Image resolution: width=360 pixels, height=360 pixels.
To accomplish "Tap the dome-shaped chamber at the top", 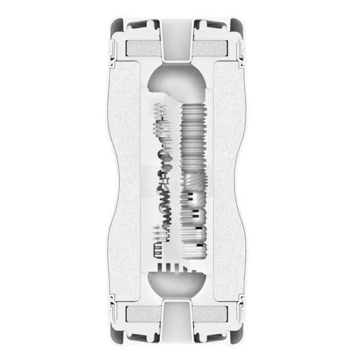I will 179,83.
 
